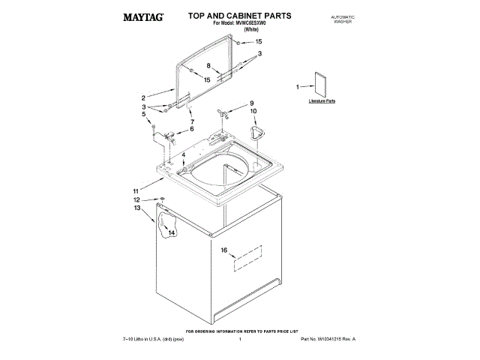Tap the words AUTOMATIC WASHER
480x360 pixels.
(x=342, y=19)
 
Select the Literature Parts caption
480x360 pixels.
(x=321, y=100)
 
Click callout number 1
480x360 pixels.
(x=298, y=87)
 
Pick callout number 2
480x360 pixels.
(x=142, y=97)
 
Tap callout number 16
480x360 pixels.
(x=223, y=250)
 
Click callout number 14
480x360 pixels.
(x=171, y=233)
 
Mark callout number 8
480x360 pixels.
(x=210, y=65)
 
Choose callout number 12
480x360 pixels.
(x=136, y=200)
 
